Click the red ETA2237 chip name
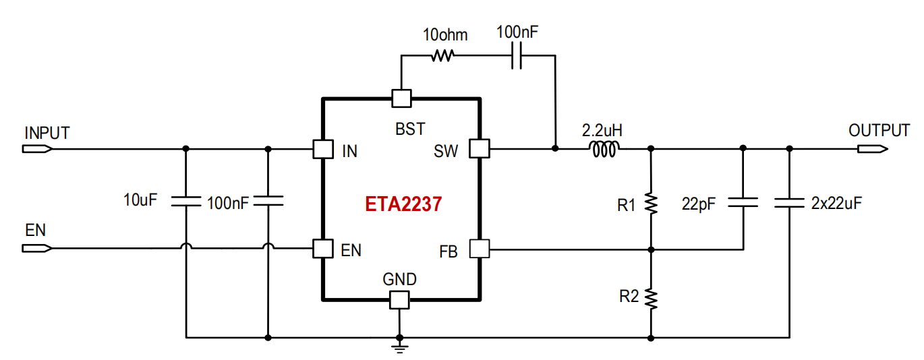pos(403,204)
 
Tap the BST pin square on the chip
pos(401,98)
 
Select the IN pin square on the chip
pos(323,149)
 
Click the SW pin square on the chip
pos(480,148)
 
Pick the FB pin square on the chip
pos(480,249)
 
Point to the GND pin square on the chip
pos(399,300)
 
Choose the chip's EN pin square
pos(323,249)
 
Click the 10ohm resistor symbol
pos(442,55)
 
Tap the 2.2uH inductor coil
pos(604,149)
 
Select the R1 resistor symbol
pos(651,204)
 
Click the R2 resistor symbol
pos(651,299)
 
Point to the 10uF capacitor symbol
pos(185,202)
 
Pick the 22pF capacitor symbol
pos(743,202)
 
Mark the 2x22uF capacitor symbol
pos(789,203)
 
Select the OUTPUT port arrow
pos(873,149)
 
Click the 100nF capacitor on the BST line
pos(517,55)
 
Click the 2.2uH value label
pos(602,131)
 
